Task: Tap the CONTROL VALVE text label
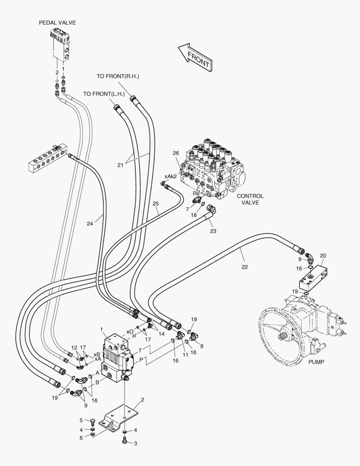[x=250, y=199]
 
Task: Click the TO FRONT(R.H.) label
[x=118, y=76]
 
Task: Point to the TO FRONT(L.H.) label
[x=104, y=94]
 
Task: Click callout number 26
[x=175, y=153]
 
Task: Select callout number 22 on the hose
[x=244, y=267]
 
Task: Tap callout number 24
[x=90, y=224]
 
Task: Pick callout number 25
[x=156, y=203]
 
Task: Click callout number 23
[x=213, y=231]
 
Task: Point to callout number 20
[x=323, y=255]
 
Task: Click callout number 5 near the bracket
[x=81, y=420]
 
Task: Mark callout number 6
[x=81, y=438]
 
